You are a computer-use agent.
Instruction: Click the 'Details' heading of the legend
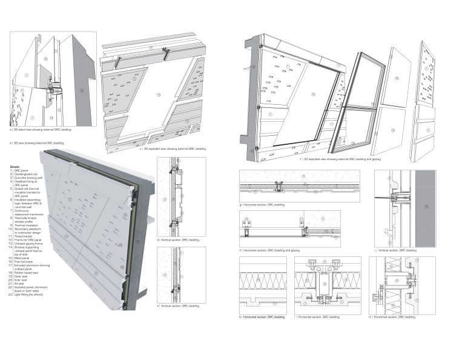[16, 165]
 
